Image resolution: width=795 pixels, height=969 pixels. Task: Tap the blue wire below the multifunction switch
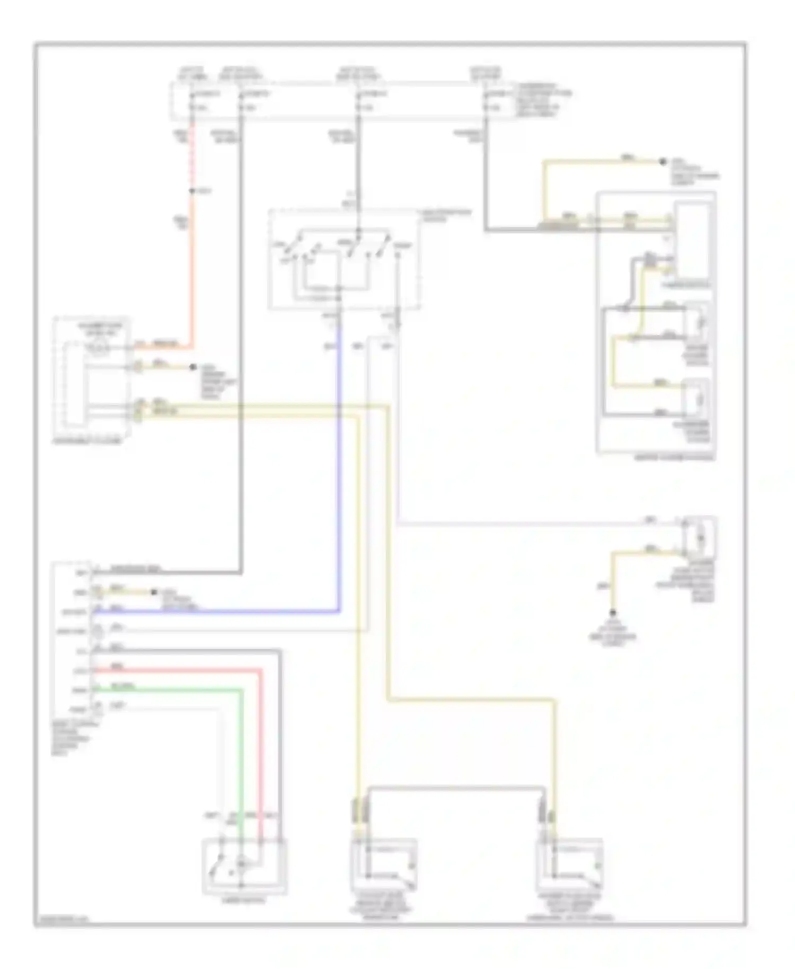[x=338, y=477]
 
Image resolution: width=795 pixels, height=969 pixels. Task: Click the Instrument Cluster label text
[x=87, y=441]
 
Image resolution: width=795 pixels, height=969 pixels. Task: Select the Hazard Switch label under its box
[x=244, y=900]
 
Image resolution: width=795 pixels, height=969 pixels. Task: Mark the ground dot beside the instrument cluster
[x=193, y=367]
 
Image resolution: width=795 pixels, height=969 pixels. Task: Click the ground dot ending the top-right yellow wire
[x=662, y=162]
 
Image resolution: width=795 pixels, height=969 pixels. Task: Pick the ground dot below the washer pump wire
[x=613, y=612]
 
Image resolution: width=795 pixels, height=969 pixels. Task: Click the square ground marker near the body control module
[x=154, y=592]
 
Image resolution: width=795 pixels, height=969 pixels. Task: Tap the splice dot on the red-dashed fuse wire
[x=192, y=191]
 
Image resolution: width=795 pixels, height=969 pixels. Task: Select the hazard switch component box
[x=244, y=867]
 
